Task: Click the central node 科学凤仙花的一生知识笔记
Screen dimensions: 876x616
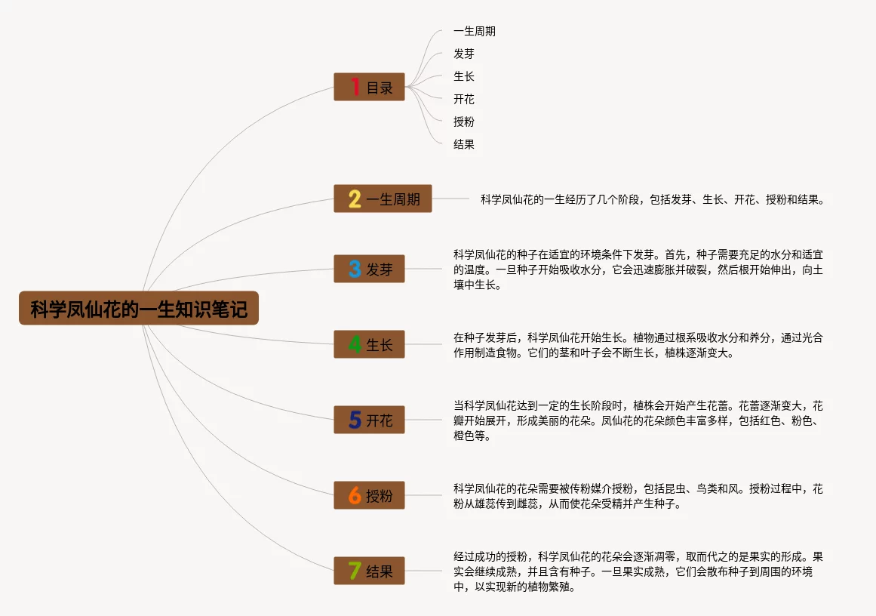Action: click(x=139, y=309)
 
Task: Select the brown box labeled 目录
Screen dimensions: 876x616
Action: click(x=370, y=87)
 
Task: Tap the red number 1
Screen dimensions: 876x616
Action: click(x=355, y=87)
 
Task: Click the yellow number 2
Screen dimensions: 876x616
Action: click(x=355, y=199)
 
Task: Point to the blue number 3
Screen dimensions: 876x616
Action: click(x=355, y=269)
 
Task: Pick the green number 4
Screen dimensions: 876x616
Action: click(x=355, y=344)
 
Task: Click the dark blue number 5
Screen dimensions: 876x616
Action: click(x=355, y=420)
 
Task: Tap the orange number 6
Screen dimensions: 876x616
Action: click(x=355, y=496)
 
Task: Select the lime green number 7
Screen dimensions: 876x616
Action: click(x=355, y=571)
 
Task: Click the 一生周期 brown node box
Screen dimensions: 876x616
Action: click(x=383, y=199)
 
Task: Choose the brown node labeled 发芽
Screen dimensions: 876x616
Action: click(x=369, y=269)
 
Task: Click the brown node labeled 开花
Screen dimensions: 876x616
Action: click(x=369, y=420)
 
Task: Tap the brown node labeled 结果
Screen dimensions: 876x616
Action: click(x=369, y=571)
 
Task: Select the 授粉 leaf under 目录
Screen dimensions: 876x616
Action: click(x=464, y=122)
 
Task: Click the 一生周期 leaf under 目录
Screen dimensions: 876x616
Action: click(x=475, y=32)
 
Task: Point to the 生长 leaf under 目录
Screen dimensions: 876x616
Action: click(x=464, y=76)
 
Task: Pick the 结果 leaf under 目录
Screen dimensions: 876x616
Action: click(x=464, y=144)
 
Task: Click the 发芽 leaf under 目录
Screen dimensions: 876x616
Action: click(x=464, y=54)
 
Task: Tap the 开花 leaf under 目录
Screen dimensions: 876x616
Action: click(x=464, y=99)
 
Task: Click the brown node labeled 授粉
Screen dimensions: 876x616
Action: click(x=369, y=496)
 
